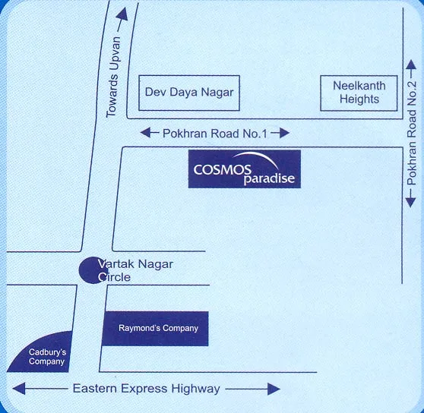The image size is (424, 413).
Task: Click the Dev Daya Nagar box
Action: click(x=189, y=94)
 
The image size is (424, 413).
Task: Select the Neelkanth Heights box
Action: click(x=359, y=93)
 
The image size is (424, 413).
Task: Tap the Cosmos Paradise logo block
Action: click(x=245, y=169)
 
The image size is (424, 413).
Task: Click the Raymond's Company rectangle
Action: click(x=155, y=329)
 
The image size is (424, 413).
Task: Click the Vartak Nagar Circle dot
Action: click(x=89, y=269)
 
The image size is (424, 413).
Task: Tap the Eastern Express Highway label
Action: click(x=146, y=389)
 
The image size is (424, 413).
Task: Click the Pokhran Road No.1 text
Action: click(x=215, y=133)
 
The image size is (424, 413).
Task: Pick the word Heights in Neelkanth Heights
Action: click(x=359, y=99)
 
